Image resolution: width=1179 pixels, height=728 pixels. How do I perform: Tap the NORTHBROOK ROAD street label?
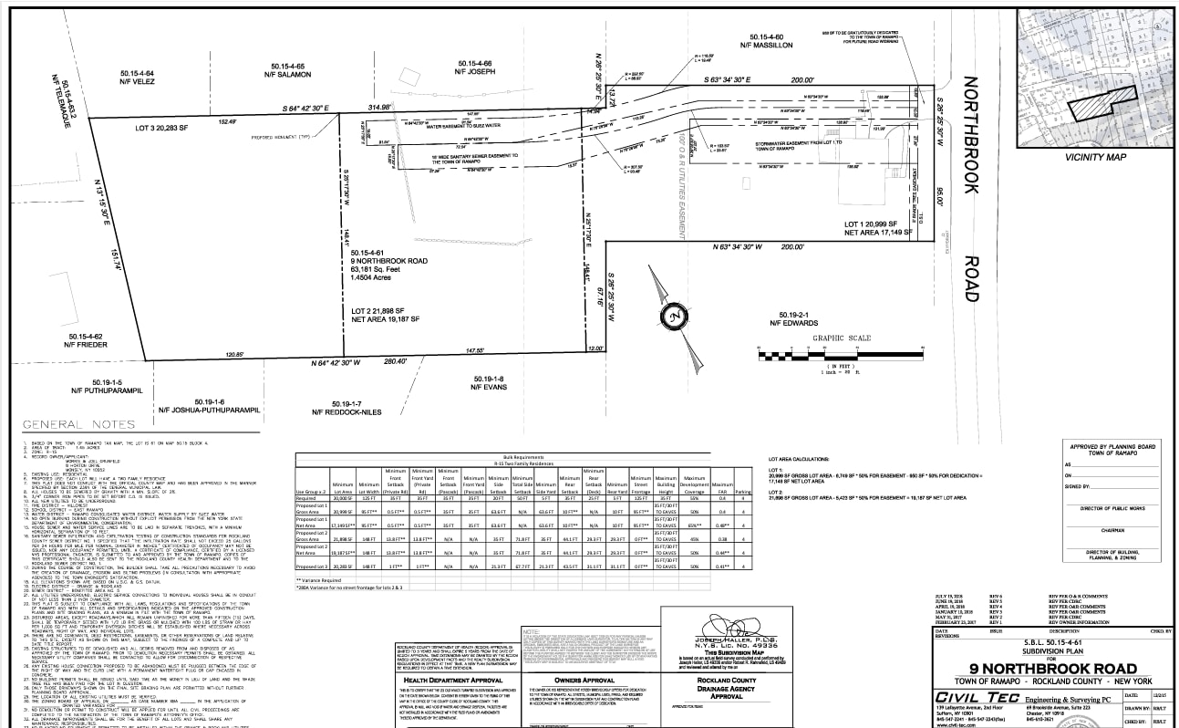(x=971, y=187)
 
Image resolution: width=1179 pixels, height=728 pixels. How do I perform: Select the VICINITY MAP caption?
(x=1094, y=157)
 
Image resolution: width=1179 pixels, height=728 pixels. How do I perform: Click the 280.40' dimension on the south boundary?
(x=395, y=361)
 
